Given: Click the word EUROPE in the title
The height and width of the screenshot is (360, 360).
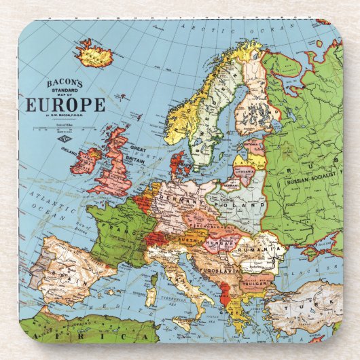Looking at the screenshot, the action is click(x=65, y=105).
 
